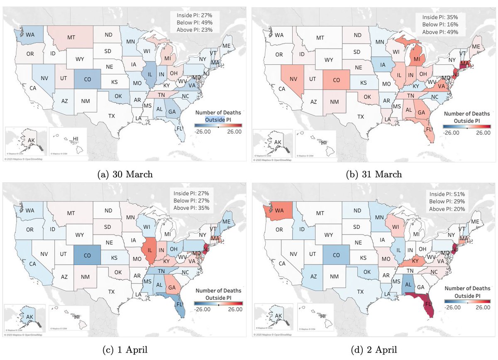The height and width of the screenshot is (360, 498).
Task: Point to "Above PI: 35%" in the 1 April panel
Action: tap(192, 208)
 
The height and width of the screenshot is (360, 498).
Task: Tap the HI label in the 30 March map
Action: tap(76, 138)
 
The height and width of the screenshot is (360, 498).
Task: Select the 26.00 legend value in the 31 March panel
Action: tap(482, 133)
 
